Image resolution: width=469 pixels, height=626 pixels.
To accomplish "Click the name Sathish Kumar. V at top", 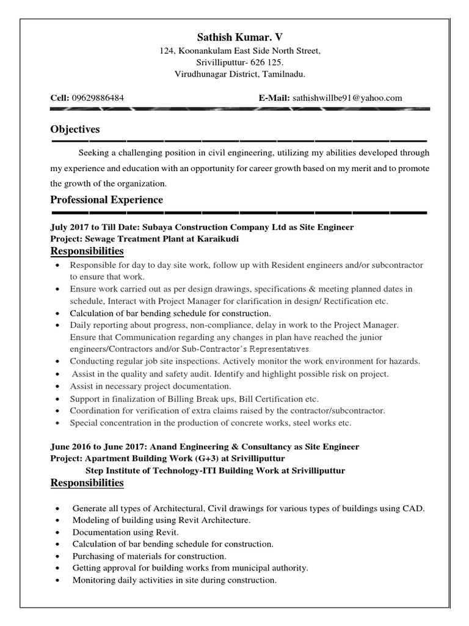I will (234, 37).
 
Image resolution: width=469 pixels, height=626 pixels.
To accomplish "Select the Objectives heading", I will (75, 130).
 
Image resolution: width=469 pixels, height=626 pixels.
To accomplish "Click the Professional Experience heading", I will (106, 199).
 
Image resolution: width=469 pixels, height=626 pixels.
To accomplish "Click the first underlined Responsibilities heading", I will (87, 252).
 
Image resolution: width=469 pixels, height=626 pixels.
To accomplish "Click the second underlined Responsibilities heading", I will (87, 484).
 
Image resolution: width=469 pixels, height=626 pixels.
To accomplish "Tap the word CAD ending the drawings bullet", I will (416, 509).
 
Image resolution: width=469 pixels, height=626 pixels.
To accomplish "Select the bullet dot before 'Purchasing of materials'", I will (57, 557).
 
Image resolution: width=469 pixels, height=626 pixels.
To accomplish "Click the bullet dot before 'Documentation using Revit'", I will (57, 532).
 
